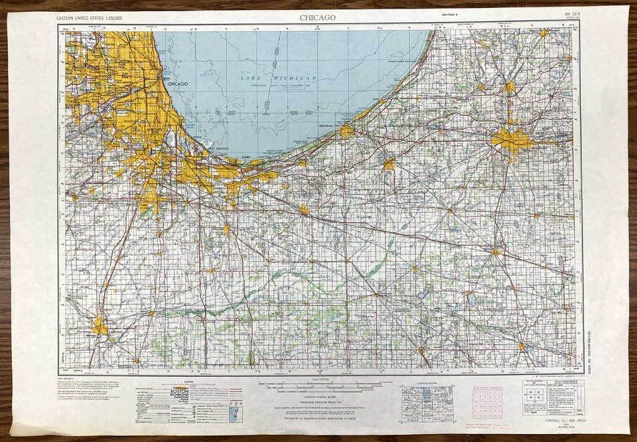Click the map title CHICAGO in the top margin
pyautogui.click(x=318, y=17)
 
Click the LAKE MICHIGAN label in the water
pyautogui.click(x=279, y=78)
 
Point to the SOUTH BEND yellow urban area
pyautogui.click(x=511, y=141)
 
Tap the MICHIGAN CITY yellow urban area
pyautogui.click(x=346, y=131)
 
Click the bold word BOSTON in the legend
pyautogui.click(x=180, y=392)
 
